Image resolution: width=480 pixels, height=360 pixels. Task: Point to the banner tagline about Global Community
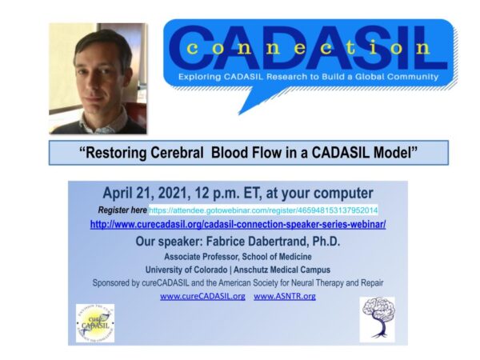click(309, 77)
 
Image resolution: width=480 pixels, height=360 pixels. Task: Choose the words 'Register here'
click(122, 210)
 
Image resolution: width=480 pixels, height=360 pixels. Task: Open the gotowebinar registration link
click(264, 210)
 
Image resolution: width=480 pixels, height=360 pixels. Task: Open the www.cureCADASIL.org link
click(202, 296)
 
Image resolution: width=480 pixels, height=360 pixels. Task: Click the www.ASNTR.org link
click(285, 296)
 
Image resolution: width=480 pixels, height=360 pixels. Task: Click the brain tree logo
click(378, 319)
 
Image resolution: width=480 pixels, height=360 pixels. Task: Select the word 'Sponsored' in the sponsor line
click(116, 282)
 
